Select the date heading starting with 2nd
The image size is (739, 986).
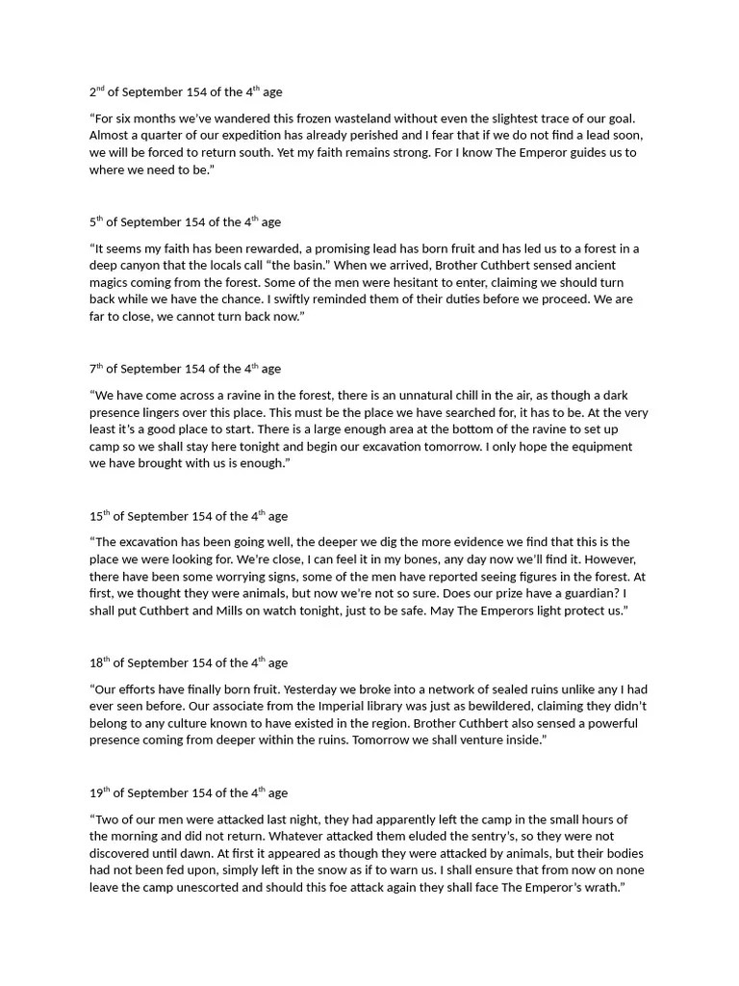click(186, 92)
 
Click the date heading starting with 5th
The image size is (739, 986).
click(185, 222)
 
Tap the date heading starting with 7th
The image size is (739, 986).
click(185, 369)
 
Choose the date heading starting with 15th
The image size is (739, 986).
click(189, 516)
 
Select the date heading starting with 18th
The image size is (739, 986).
click(189, 662)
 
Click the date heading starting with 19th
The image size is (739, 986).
click(189, 793)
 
